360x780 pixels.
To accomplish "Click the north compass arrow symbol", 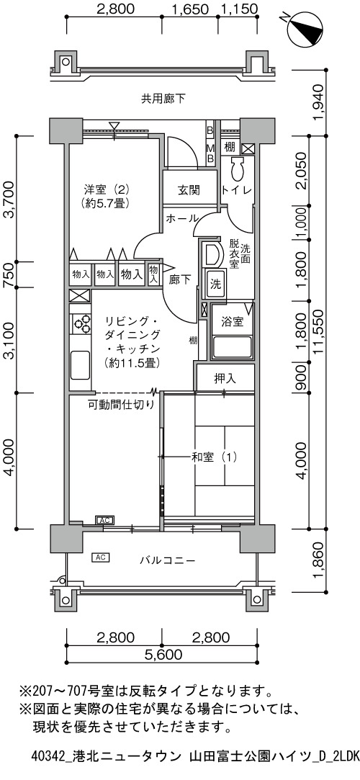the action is coord(305,27).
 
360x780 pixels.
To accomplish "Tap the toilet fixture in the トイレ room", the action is coord(237,170).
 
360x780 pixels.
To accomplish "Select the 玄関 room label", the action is coord(189,190).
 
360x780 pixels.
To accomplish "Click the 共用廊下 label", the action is coord(163,99).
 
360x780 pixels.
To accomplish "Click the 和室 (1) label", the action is coord(215,456).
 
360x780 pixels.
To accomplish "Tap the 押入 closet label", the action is coord(225,379).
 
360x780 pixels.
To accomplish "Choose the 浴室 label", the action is coord(233,321).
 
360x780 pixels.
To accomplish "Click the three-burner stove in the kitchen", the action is coord(81,323).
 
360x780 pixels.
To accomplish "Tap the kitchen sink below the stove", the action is coord(80,365).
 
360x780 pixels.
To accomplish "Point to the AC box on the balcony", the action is coord(101,557).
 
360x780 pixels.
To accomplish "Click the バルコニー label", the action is coord(167,560).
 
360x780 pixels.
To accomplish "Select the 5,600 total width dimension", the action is coord(163,653).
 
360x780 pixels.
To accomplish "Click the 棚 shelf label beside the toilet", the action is coord(229,147).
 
